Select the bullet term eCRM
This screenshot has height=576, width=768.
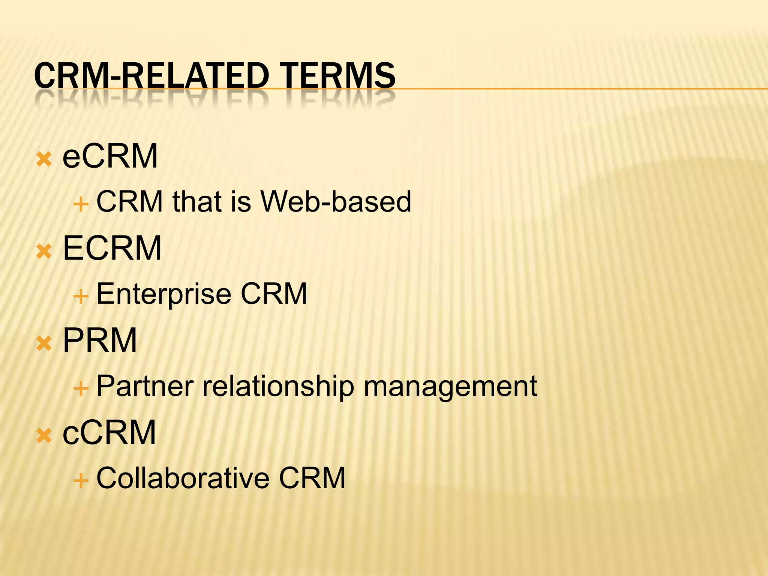(x=110, y=156)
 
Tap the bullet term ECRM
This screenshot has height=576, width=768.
(x=112, y=248)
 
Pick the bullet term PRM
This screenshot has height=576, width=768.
(x=100, y=340)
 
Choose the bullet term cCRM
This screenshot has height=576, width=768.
(x=109, y=432)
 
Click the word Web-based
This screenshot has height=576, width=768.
(x=336, y=202)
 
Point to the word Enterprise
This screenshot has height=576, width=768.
(x=164, y=294)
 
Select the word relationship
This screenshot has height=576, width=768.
(x=278, y=386)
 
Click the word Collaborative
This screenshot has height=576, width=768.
(x=183, y=478)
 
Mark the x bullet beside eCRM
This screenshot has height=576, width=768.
(x=44, y=160)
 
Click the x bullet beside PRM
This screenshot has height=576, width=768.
(x=44, y=343)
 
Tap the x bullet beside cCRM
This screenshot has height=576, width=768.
(x=44, y=436)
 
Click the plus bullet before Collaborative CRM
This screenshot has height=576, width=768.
(x=81, y=481)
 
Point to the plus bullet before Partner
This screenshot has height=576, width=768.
(x=81, y=389)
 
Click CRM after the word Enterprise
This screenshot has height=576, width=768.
(x=274, y=294)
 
